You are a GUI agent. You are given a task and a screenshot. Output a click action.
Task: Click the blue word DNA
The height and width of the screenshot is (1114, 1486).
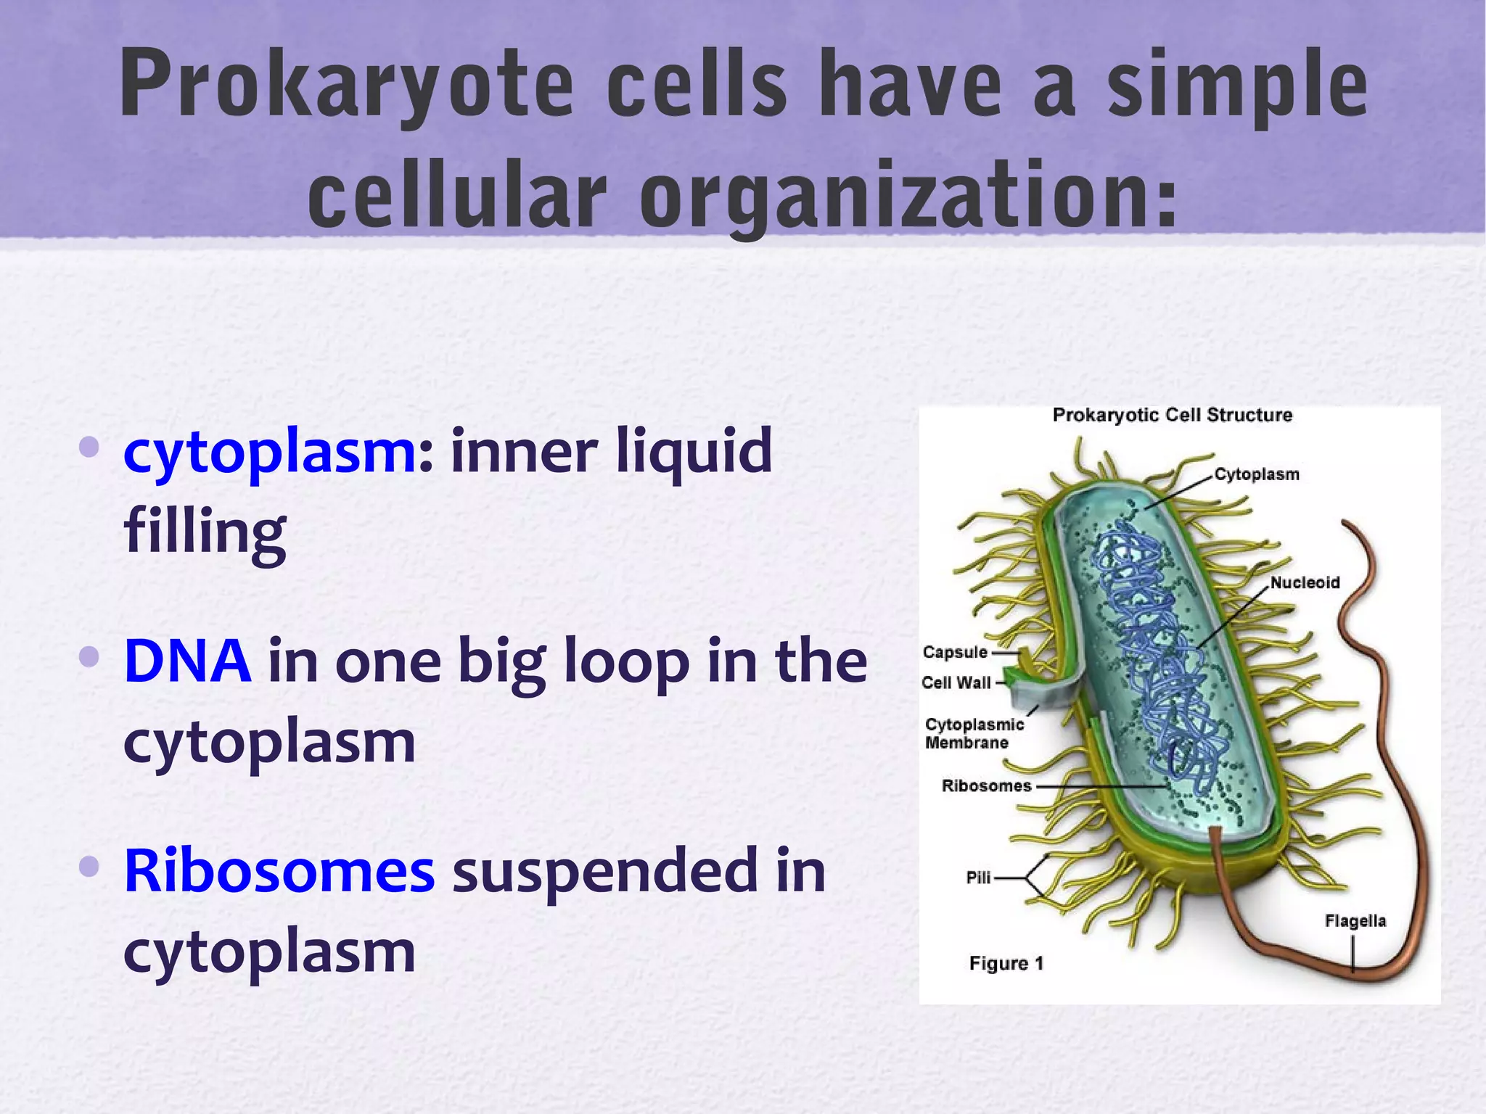click(187, 661)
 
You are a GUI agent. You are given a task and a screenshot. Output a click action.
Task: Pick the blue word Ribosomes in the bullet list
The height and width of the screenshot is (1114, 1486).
click(279, 870)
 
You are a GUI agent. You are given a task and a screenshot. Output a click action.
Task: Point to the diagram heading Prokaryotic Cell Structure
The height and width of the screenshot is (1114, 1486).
click(1173, 416)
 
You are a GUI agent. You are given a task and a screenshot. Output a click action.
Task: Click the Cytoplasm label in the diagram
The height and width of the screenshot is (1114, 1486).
click(1257, 474)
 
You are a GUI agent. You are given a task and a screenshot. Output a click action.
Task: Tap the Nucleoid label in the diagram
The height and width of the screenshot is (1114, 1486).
click(1305, 582)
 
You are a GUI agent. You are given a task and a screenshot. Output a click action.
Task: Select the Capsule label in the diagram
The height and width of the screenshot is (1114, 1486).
click(955, 652)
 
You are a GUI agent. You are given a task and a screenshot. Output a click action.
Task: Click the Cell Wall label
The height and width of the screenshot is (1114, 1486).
click(956, 682)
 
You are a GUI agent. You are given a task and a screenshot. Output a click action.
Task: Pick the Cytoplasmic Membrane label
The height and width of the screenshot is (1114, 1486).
click(974, 733)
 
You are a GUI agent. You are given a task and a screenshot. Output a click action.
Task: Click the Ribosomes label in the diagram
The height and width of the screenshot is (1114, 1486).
click(986, 785)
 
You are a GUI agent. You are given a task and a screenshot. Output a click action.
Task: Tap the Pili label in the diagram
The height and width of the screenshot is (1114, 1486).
click(978, 878)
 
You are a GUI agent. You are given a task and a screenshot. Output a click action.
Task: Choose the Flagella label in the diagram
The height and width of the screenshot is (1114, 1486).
click(1355, 921)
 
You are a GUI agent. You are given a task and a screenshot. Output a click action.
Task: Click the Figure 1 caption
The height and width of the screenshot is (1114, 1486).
click(1006, 963)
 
